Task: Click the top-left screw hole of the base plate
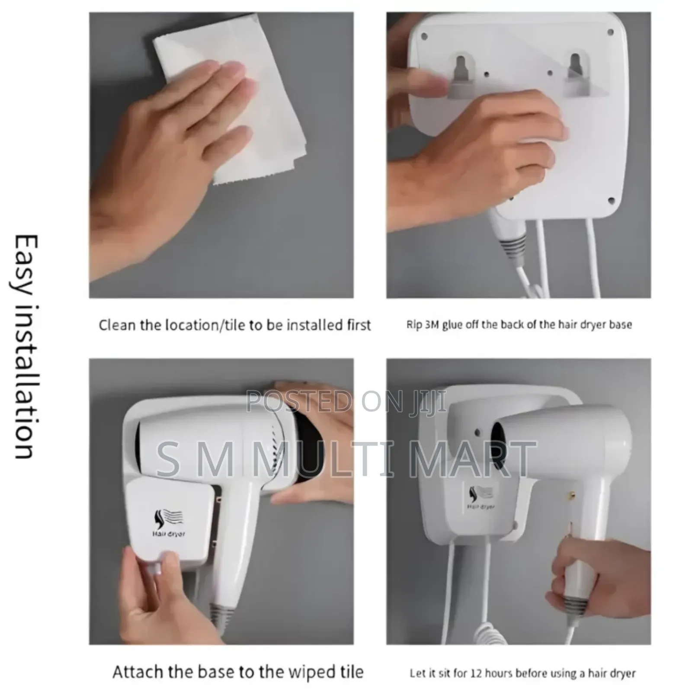(x=424, y=36)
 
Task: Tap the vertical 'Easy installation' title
(x=24, y=346)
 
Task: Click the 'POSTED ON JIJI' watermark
(x=346, y=401)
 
